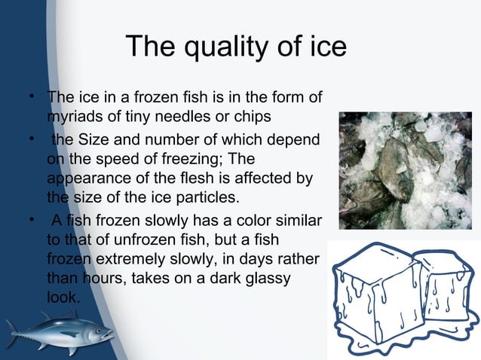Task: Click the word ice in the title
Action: (326, 47)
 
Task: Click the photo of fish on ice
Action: (405, 170)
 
